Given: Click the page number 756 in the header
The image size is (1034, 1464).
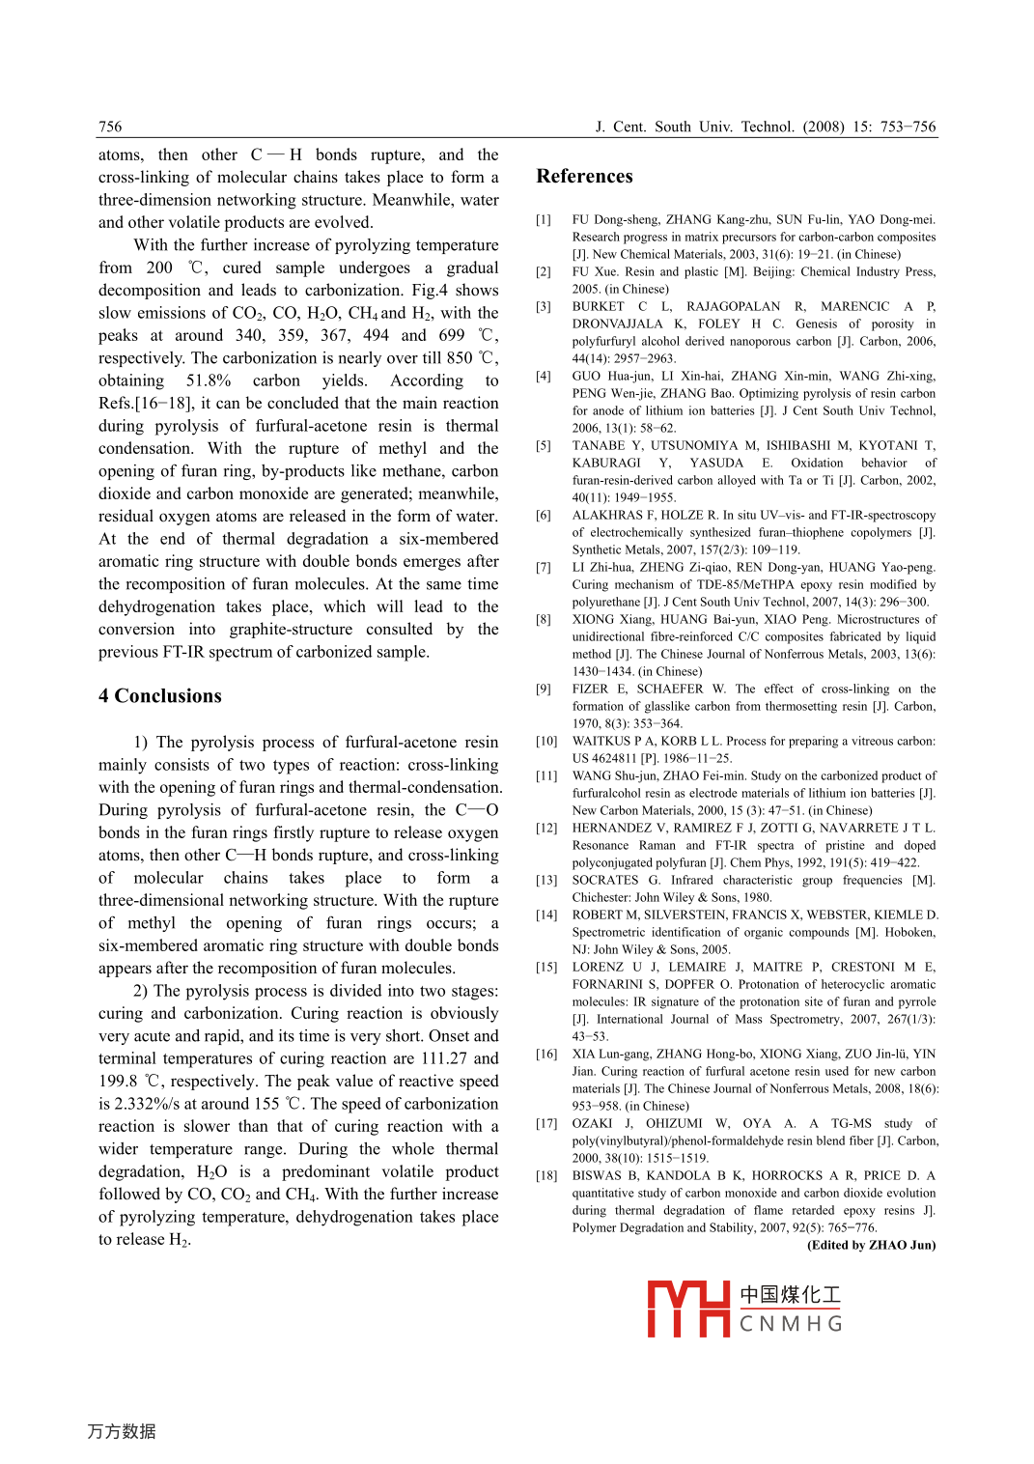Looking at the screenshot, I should click(110, 127).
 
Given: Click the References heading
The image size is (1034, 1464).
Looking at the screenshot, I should click(584, 176).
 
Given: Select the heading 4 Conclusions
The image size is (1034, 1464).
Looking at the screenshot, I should click(159, 695).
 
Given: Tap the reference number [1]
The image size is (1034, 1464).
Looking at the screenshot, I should click(544, 219).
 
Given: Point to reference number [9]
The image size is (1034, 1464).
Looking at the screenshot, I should click(544, 689).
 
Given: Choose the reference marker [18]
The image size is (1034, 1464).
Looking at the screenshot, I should click(546, 1175).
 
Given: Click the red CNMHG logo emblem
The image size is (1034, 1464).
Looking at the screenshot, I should click(687, 1309).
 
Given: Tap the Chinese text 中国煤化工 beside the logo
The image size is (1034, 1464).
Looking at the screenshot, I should click(790, 1294).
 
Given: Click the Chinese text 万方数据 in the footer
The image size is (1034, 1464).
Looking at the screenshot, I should click(122, 1431).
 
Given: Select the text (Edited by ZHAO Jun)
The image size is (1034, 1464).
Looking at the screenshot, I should click(871, 1245).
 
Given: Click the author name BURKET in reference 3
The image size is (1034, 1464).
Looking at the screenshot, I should click(598, 306).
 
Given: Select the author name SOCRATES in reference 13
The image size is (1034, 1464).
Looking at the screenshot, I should click(604, 880).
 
